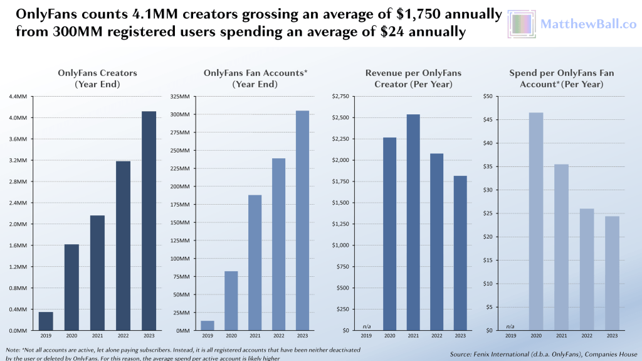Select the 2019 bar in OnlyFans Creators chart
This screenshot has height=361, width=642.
pyautogui.click(x=46, y=321)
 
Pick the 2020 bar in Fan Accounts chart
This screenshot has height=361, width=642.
pyautogui.click(x=231, y=301)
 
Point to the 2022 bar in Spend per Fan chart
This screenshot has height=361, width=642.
pyautogui.click(x=587, y=269)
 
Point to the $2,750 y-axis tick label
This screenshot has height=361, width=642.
pyautogui.click(x=340, y=97)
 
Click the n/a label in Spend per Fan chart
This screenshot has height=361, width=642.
pyautogui.click(x=510, y=326)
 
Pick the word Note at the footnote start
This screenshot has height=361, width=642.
pyautogui.click(x=12, y=349)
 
